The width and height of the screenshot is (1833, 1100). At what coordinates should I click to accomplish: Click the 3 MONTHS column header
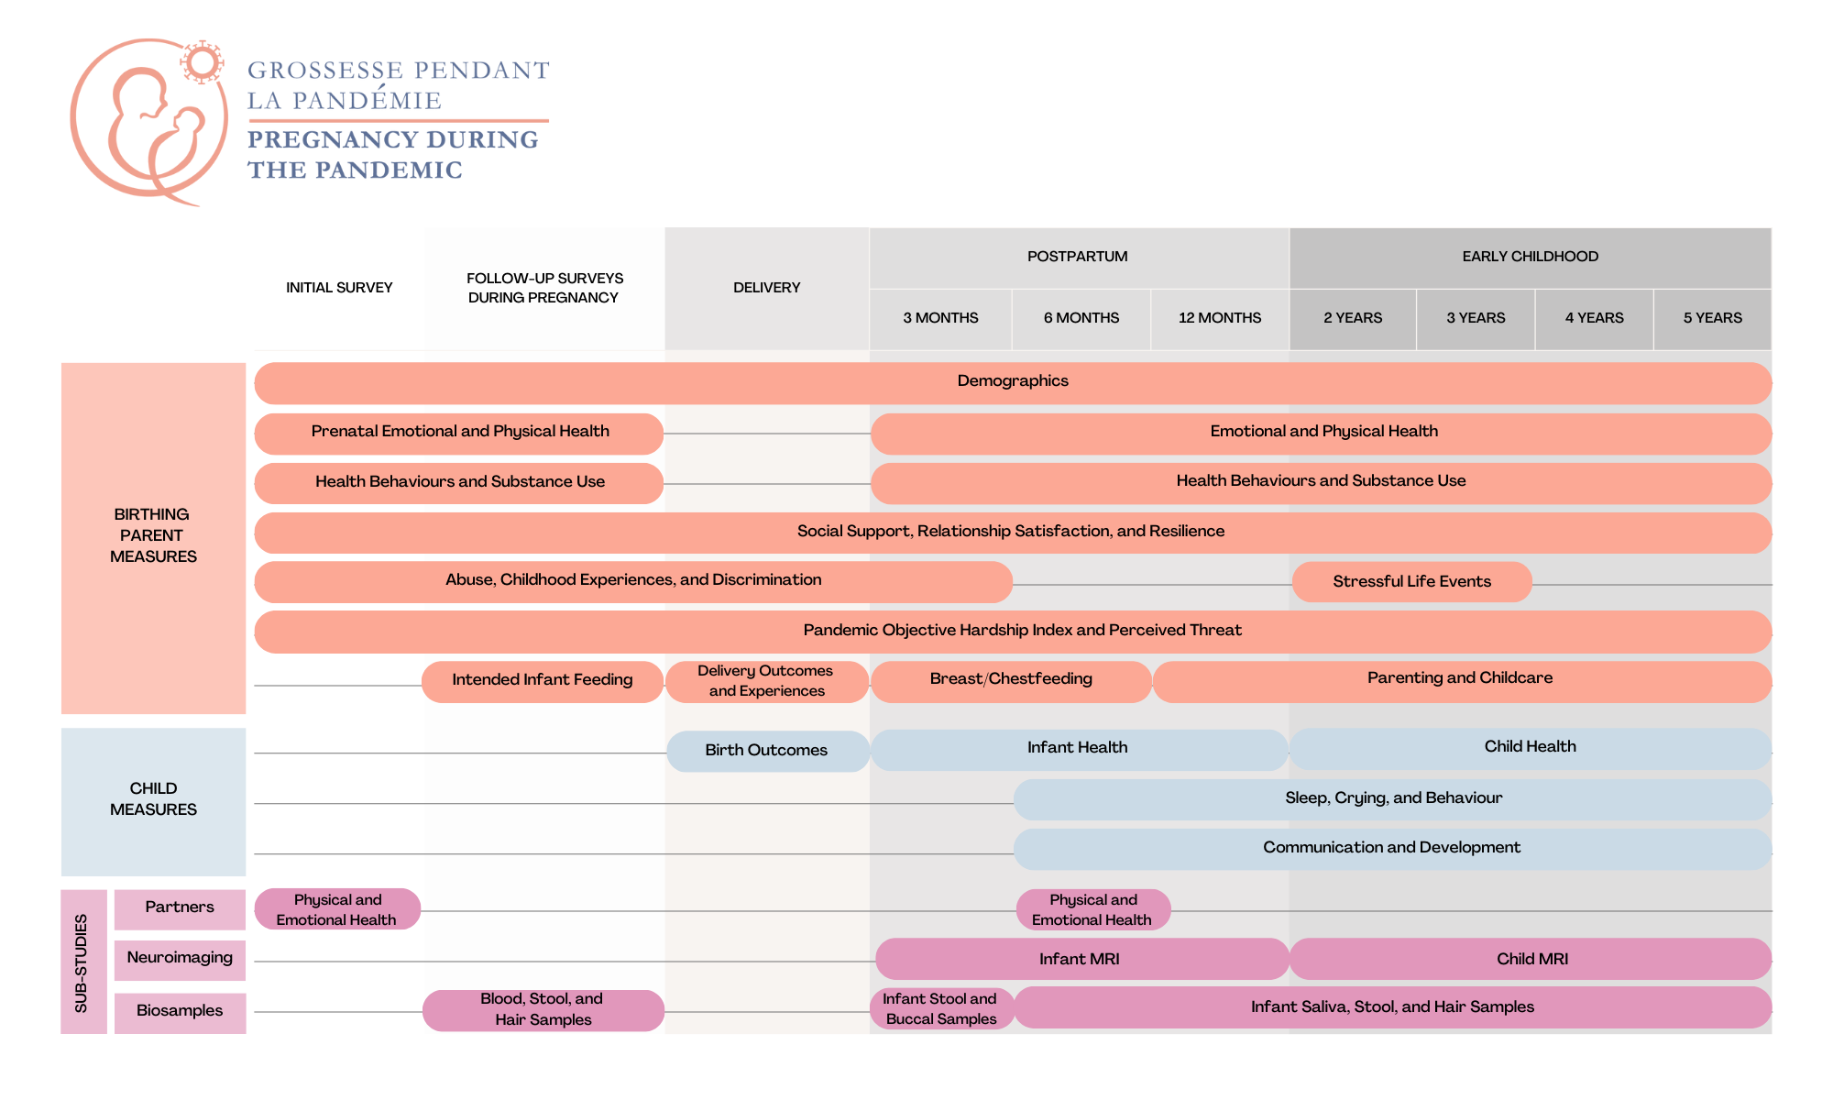click(x=940, y=318)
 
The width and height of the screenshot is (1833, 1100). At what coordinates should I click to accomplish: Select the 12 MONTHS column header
click(x=1219, y=318)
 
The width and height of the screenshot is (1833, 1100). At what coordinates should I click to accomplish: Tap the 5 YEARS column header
click(x=1712, y=318)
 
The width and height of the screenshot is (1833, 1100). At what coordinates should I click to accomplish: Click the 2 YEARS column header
click(x=1352, y=318)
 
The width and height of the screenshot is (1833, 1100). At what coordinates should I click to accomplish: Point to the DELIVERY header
click(x=766, y=288)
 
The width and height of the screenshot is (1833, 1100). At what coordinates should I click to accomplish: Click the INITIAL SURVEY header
click(x=339, y=288)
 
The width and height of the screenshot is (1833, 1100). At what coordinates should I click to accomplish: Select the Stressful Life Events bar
click(x=1411, y=582)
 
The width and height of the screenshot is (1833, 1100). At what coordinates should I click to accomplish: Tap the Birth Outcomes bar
click(x=766, y=751)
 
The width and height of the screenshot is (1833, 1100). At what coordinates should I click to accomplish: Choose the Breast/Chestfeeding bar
click(x=1011, y=680)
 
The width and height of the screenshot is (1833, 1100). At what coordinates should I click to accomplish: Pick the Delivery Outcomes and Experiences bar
click(x=766, y=681)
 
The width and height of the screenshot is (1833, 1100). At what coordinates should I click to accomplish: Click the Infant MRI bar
click(x=1080, y=960)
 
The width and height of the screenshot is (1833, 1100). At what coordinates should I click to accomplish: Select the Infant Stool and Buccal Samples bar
click(x=940, y=1009)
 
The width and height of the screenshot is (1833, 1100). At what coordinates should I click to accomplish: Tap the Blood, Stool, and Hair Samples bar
click(x=543, y=1010)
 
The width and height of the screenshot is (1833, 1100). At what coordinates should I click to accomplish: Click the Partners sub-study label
click(x=180, y=907)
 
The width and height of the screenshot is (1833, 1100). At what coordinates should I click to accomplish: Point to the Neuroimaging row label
click(x=180, y=959)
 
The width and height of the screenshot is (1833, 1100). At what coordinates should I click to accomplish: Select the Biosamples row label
click(x=180, y=1011)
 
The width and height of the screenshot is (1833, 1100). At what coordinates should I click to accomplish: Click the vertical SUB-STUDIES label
click(x=82, y=962)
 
